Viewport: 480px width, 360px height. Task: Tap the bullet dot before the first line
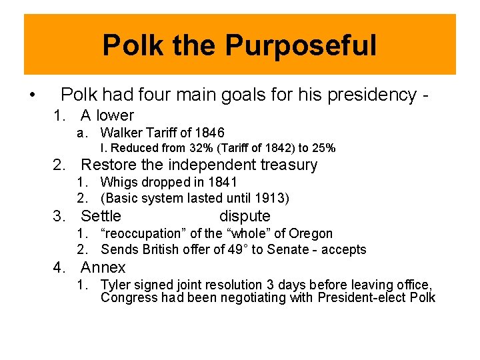point(33,95)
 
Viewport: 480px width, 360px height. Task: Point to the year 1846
point(210,133)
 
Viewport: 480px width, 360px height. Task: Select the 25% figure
point(323,148)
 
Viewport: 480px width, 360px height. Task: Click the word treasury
point(286,165)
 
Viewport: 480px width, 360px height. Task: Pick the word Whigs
point(117,182)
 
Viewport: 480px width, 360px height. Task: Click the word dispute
point(245,216)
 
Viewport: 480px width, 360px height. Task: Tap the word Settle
point(101,216)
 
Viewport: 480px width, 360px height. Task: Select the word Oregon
point(313,233)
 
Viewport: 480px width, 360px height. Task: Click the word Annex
point(103,268)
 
